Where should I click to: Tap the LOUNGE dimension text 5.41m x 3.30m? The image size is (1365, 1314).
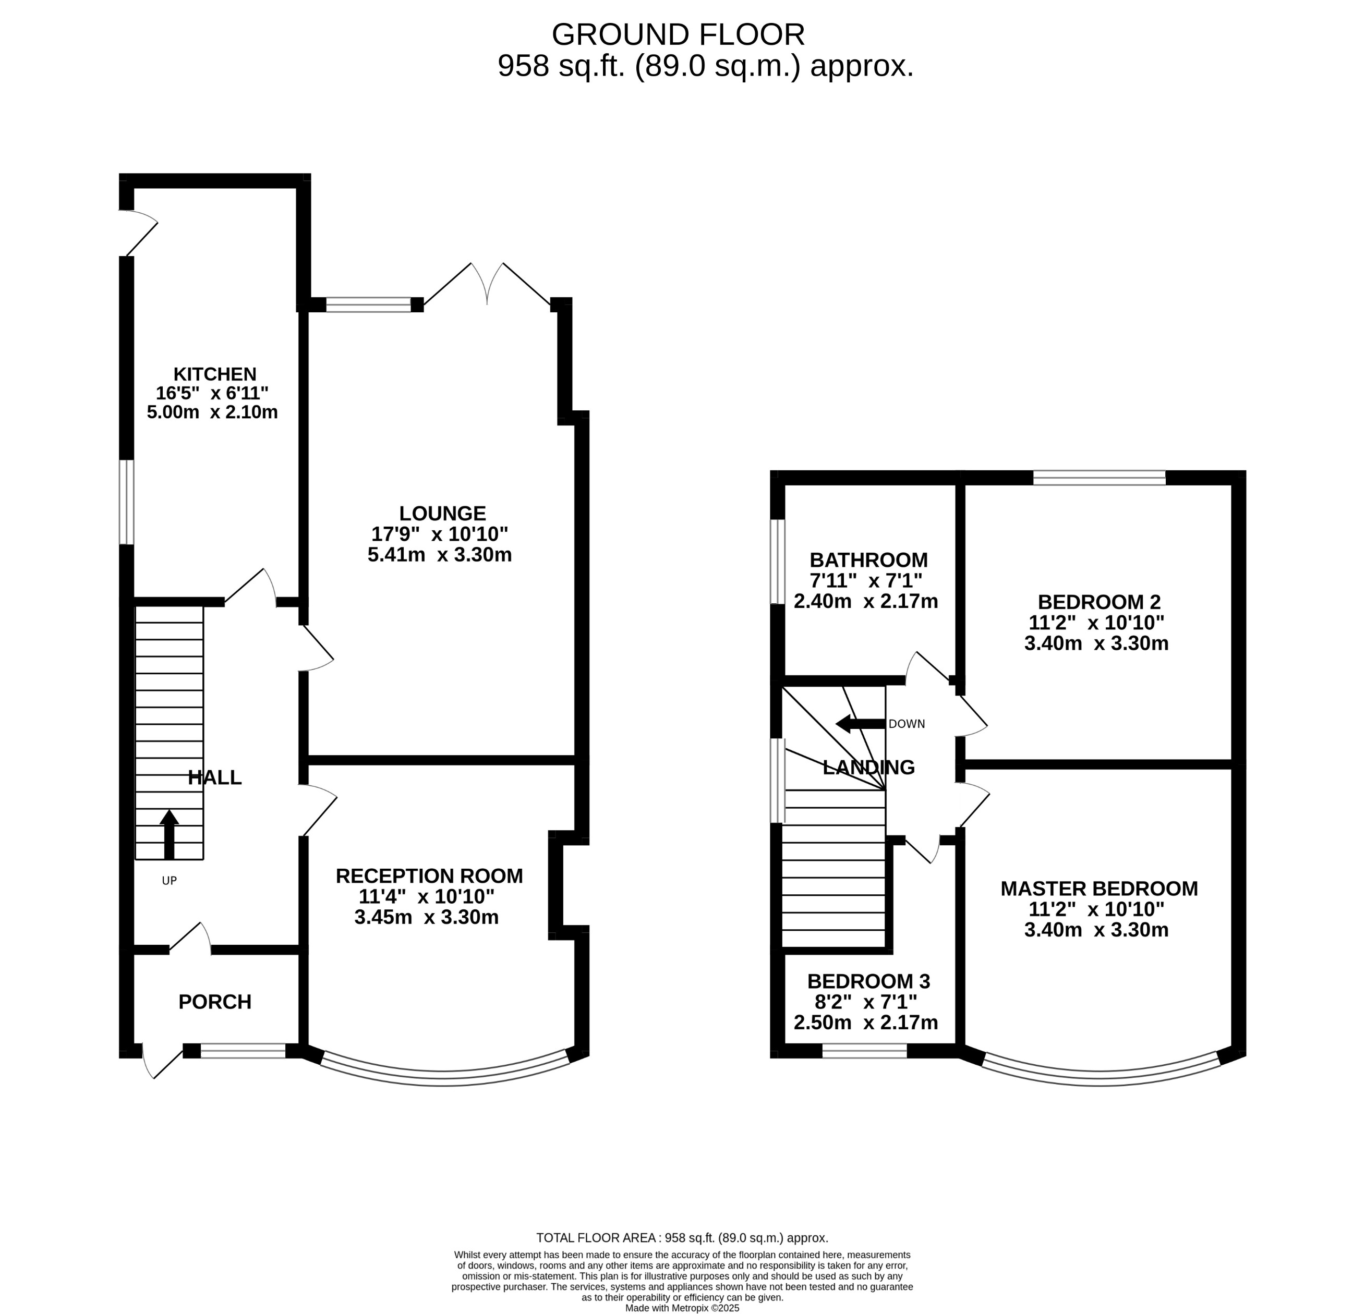pyautogui.click(x=440, y=555)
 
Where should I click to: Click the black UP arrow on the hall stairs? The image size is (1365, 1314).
pyautogui.click(x=169, y=834)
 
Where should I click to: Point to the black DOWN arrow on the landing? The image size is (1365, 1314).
pyautogui.click(x=860, y=724)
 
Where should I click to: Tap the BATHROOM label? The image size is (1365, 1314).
pyautogui.click(x=868, y=560)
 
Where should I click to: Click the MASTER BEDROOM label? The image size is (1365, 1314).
pyautogui.click(x=1099, y=889)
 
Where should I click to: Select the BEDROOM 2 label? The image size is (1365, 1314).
pyautogui.click(x=1099, y=602)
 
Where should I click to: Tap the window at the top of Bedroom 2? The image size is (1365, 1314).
pyautogui.click(x=1099, y=478)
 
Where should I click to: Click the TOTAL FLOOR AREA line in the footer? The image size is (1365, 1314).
pyautogui.click(x=682, y=1238)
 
